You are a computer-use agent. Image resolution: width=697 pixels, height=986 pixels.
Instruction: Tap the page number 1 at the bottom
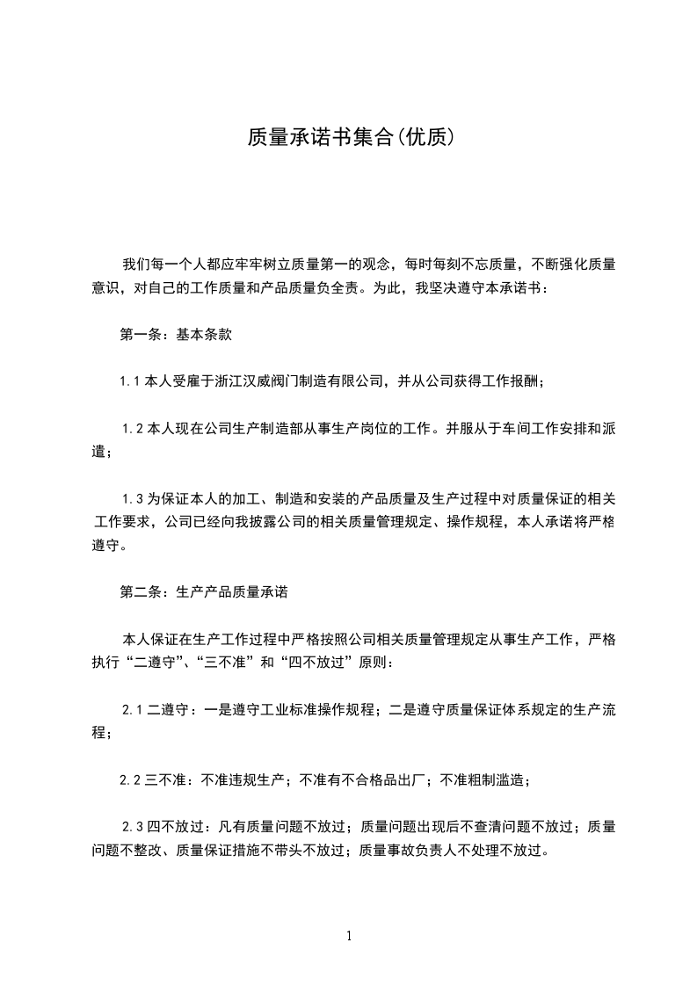349,936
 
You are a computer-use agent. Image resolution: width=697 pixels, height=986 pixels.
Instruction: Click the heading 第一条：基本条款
176,334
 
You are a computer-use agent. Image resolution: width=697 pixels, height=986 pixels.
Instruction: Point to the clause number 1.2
132,428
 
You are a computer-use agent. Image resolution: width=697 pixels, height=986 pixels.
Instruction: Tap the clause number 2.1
132,708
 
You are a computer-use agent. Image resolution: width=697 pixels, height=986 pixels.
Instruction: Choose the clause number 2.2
132,779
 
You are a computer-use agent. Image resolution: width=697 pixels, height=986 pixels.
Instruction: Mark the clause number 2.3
132,826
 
